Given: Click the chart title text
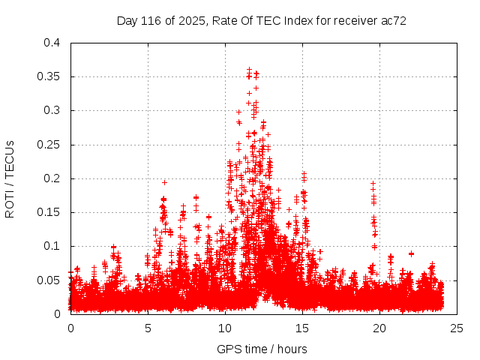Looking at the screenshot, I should click(262, 20).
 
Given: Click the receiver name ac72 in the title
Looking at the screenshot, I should click(394, 20).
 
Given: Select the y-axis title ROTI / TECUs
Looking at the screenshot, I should click(10, 178).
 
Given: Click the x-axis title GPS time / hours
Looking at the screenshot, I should click(262, 349).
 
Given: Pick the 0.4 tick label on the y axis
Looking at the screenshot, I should click(51, 43).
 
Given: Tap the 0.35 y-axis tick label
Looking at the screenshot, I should click(48, 76).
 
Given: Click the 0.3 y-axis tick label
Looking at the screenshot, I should click(51, 110).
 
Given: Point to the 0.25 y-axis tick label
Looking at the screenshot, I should click(48, 145).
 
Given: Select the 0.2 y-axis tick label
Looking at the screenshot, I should click(51, 178).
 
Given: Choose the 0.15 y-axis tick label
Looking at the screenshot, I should click(48, 212).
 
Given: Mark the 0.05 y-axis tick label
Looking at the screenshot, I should click(48, 280).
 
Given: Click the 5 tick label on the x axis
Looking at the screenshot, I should click(148, 328).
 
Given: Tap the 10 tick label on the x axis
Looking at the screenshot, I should click(225, 328).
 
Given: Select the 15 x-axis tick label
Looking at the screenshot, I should click(302, 328).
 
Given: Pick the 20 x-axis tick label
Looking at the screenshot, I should click(379, 328).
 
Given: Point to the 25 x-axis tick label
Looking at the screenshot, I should click(457, 328).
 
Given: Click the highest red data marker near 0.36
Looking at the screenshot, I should click(249, 69).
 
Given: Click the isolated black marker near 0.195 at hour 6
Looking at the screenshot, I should click(164, 182).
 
